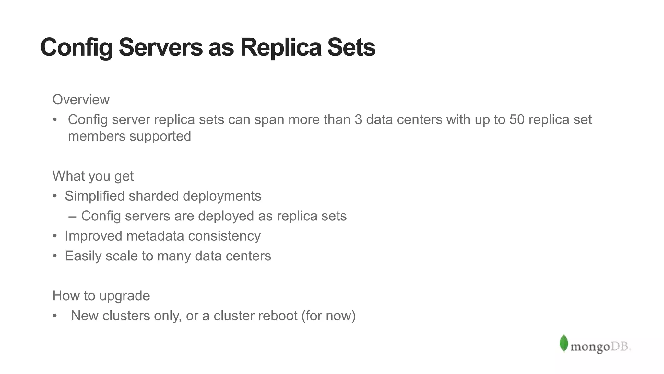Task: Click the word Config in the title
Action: pyautogui.click(x=76, y=47)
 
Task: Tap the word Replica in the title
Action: pyautogui.click(x=281, y=47)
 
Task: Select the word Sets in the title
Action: pyautogui.click(x=351, y=47)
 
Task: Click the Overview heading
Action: pyautogui.click(x=81, y=100)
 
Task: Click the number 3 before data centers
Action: pyautogui.click(x=358, y=120)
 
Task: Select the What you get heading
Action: pyautogui.click(x=93, y=176)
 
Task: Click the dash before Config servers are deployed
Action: pyautogui.click(x=73, y=216)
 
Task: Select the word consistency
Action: pyautogui.click(x=224, y=236)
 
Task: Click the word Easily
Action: pyautogui.click(x=83, y=256)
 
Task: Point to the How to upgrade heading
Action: pyautogui.click(x=101, y=296)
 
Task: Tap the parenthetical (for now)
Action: pyautogui.click(x=328, y=316)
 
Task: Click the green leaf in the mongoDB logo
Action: pyautogui.click(x=564, y=343)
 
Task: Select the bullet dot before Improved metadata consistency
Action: pyautogui.click(x=55, y=236)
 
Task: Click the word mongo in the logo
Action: pyautogui.click(x=590, y=347)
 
